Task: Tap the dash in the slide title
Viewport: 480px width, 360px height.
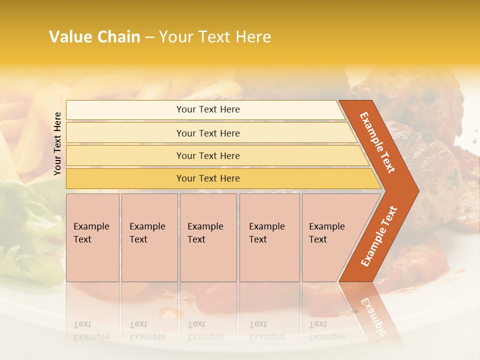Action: (x=149, y=37)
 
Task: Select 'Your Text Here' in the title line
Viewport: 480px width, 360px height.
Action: (x=215, y=37)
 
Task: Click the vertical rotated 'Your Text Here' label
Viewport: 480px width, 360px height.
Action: (x=57, y=143)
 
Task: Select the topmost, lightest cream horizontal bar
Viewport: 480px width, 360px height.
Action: (x=207, y=109)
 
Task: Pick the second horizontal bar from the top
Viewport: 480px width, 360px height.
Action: (x=207, y=133)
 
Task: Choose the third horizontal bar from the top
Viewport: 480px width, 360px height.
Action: (x=207, y=155)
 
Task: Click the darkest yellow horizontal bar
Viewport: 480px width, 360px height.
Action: (x=207, y=178)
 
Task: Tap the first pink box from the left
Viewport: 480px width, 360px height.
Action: (x=92, y=237)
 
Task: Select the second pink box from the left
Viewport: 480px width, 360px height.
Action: (x=149, y=237)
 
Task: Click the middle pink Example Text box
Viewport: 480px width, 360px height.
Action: (x=208, y=237)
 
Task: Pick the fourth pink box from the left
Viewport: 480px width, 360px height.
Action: (x=269, y=237)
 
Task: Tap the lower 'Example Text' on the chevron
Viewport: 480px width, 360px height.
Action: (x=379, y=236)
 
